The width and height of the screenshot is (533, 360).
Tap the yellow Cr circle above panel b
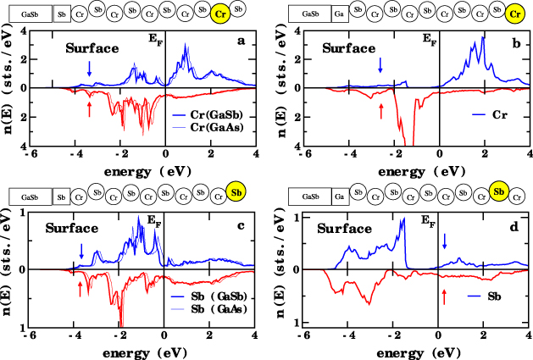coord(514,14)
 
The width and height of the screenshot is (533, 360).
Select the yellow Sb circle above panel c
coord(237,194)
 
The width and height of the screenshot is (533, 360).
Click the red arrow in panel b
coord(381,110)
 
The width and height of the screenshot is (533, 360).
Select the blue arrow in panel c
coord(81,252)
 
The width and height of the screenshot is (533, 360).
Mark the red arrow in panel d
coord(444,295)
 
